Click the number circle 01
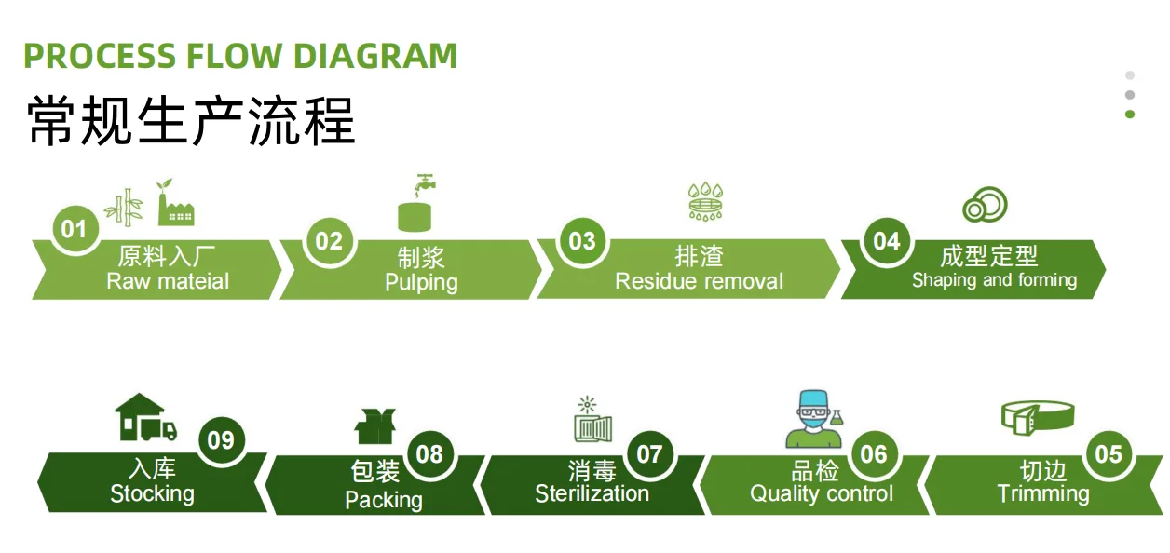74,229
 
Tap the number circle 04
886,241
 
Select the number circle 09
221,439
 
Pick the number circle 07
649,453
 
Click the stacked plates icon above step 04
984,205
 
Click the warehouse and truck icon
145,419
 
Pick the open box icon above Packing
375,425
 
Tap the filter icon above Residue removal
705,201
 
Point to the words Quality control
821,493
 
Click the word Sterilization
592,493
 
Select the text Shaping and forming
994,280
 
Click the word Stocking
152,493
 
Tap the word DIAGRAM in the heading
375,56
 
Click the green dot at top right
1130,115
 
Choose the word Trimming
1042,493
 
